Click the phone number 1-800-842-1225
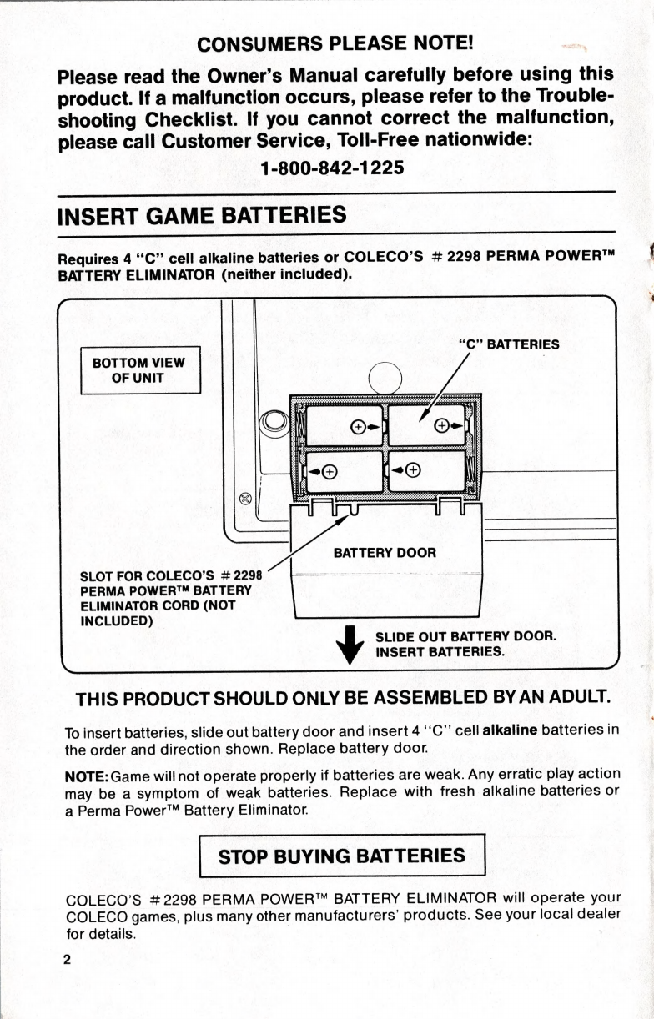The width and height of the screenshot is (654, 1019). point(332,168)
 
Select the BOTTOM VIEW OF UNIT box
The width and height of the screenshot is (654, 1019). point(139,369)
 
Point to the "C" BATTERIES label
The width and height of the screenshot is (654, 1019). point(508,344)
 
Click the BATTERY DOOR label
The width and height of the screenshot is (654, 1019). point(385,552)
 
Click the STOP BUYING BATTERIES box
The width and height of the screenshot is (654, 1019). point(341,856)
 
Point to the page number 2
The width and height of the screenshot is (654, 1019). point(67,958)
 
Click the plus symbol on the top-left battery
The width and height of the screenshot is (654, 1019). point(357,427)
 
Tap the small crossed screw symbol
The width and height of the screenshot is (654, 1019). point(245,499)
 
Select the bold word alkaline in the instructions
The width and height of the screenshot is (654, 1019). point(511,731)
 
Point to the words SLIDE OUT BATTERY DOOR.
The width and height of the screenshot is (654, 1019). point(465,635)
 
